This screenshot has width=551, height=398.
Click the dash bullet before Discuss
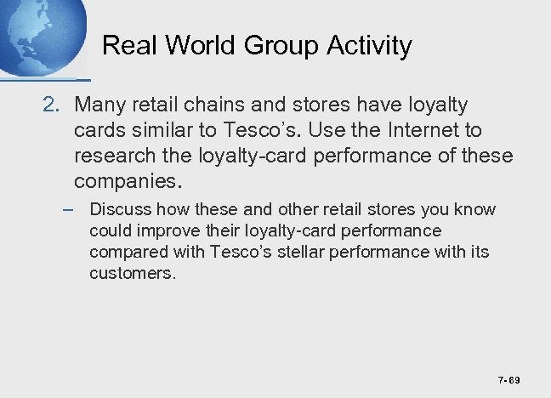(x=73, y=209)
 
